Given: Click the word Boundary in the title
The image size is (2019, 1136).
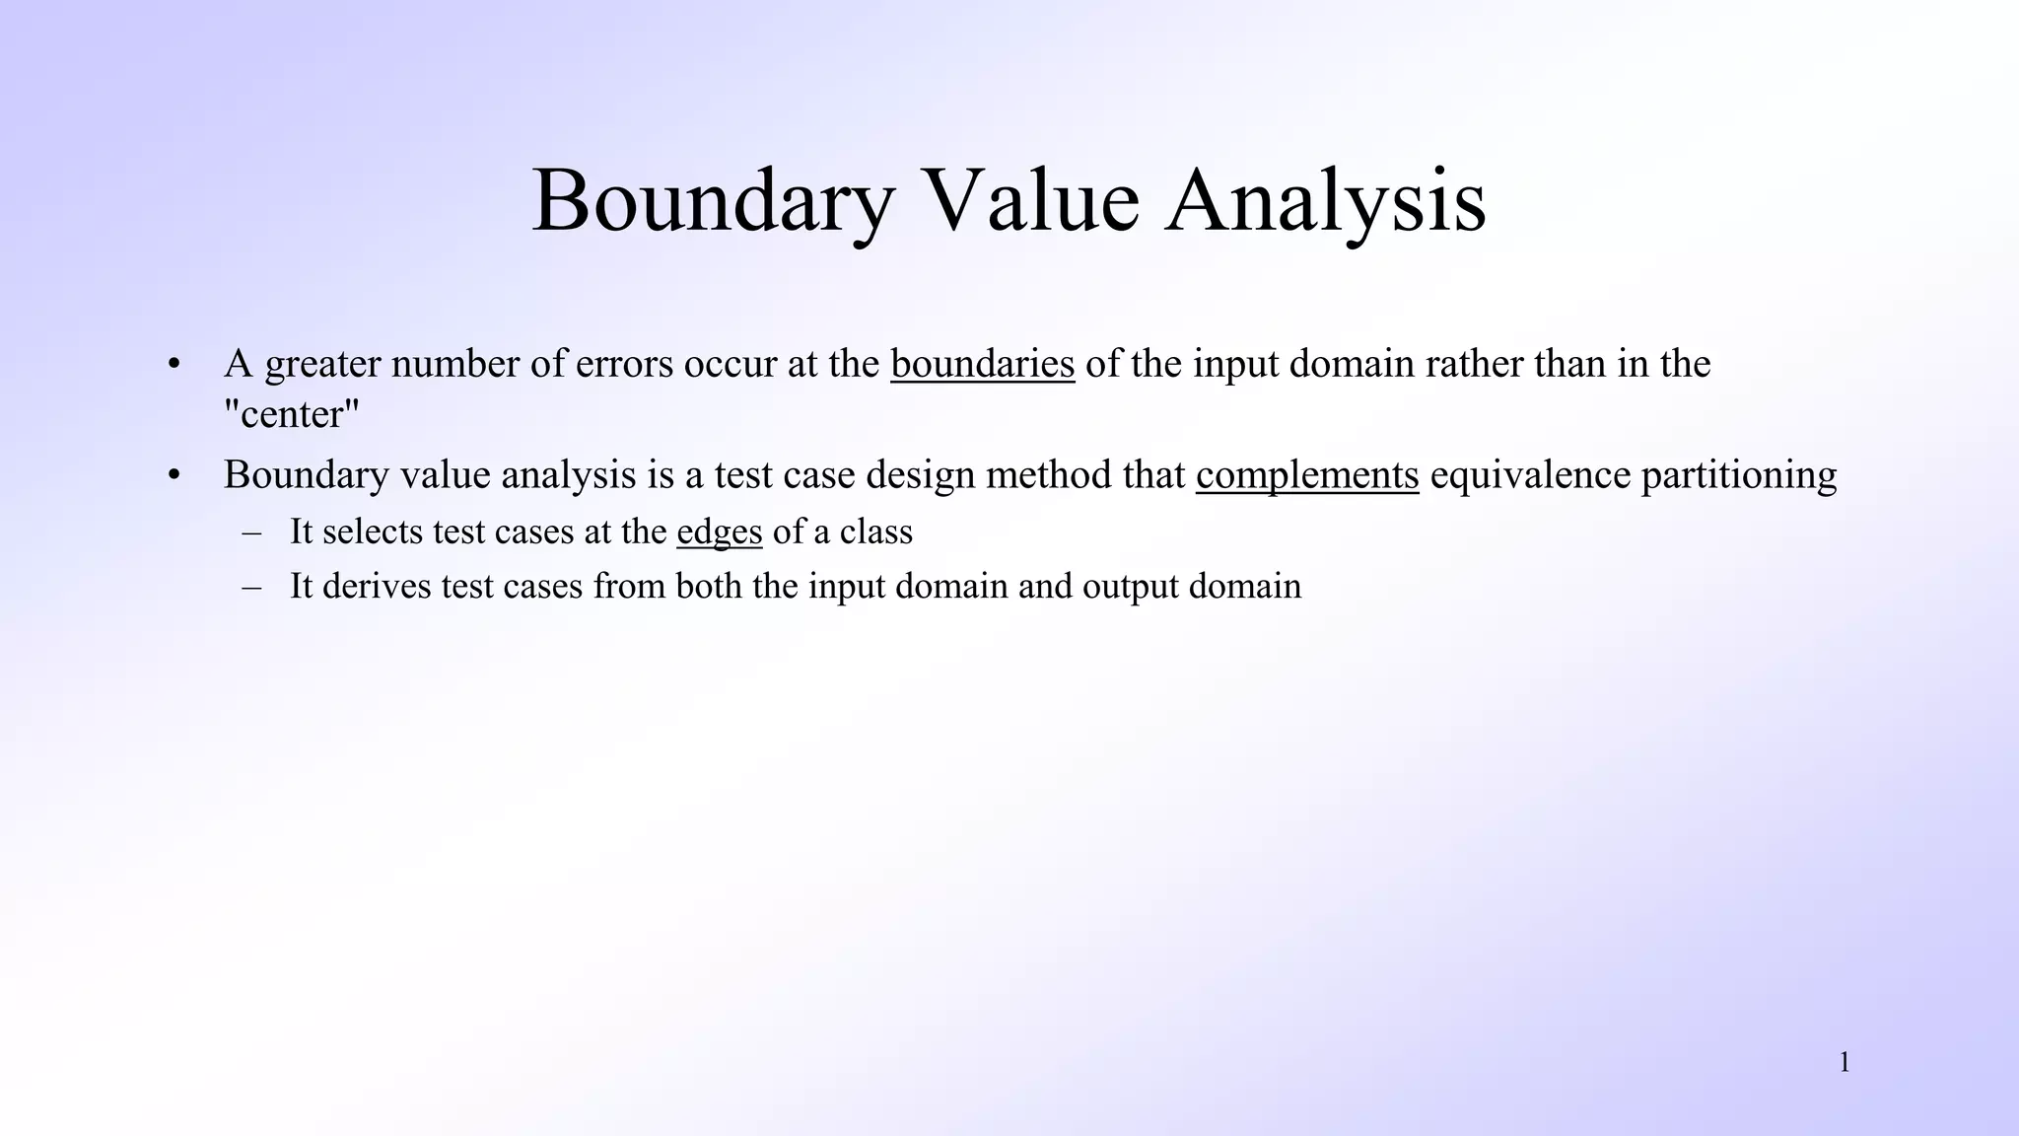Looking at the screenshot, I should [713, 202].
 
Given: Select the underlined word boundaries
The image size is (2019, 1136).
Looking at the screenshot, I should [982, 364].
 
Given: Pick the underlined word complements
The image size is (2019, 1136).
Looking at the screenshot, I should [1307, 474].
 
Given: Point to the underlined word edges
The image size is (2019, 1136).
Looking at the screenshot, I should [720, 532].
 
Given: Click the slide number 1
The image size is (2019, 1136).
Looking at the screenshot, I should [1845, 1062].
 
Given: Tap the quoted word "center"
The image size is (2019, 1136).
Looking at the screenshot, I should [293, 414].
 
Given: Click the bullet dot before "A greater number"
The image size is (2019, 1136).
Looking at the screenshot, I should [174, 364].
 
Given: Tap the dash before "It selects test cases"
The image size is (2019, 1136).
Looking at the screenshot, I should [251, 532].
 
